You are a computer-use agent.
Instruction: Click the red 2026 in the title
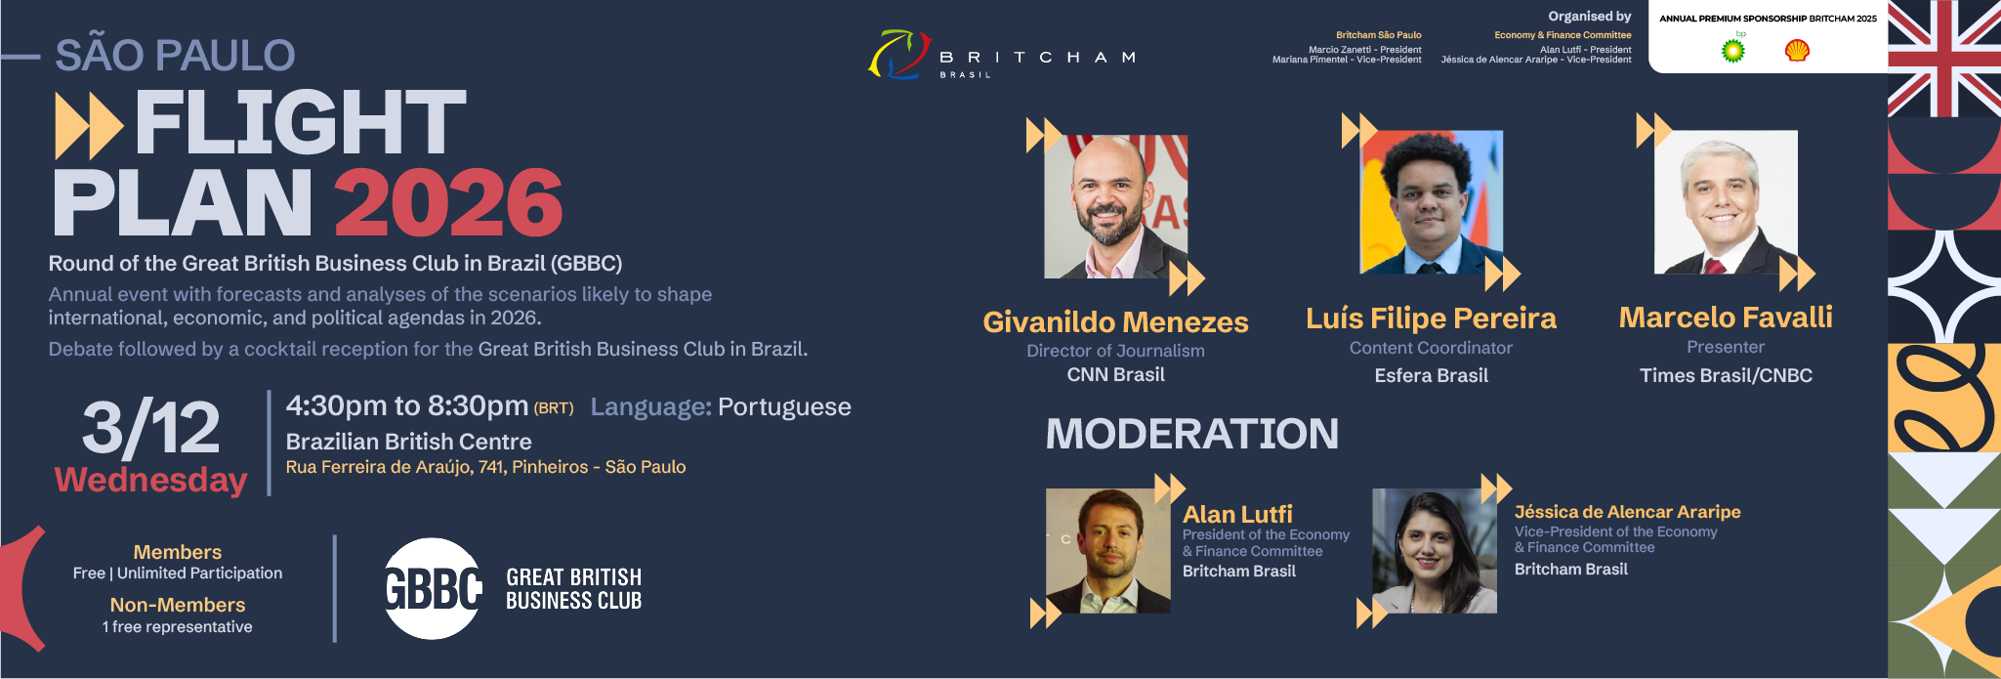(449, 202)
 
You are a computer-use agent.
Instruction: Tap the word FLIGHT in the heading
(301, 122)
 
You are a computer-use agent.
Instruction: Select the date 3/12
(151, 428)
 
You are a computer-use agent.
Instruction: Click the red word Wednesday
(151, 480)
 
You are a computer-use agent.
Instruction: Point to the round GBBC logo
(432, 588)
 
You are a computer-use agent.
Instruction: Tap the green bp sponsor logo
(1733, 50)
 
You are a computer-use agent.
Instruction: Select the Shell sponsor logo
(1797, 50)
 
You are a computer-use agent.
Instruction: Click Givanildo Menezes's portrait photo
(1116, 206)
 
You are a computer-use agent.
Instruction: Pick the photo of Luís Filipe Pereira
(1432, 202)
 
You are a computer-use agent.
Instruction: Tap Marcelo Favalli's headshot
(1726, 202)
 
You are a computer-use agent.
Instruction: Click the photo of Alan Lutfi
(1108, 551)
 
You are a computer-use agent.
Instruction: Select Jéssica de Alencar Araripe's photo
(1435, 551)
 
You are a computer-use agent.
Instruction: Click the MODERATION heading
(1192, 434)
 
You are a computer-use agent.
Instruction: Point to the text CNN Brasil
(1116, 374)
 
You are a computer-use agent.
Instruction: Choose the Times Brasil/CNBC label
(1726, 375)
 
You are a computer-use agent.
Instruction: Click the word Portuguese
(785, 407)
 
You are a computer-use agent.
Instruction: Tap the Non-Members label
(178, 605)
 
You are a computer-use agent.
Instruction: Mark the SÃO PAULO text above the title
(175, 55)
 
